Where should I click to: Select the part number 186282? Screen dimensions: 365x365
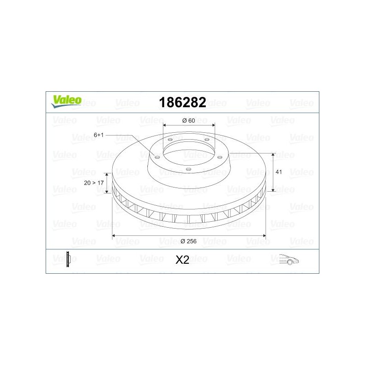[x=182, y=102]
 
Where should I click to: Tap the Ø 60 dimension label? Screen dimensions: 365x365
[x=188, y=120]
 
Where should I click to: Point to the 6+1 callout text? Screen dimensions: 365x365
[x=99, y=135]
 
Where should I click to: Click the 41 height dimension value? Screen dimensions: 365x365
[x=280, y=172]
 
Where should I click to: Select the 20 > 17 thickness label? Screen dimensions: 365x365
[x=94, y=182]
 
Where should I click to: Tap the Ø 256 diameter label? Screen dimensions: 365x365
[x=188, y=241]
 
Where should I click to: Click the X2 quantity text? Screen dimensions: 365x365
[x=182, y=260]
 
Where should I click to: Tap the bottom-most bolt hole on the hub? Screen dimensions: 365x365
[x=188, y=169]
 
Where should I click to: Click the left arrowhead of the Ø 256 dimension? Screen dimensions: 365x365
[x=114, y=236]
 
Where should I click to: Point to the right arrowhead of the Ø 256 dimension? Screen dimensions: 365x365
[x=264, y=236]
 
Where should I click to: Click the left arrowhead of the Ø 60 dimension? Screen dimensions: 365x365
[x=165, y=125]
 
